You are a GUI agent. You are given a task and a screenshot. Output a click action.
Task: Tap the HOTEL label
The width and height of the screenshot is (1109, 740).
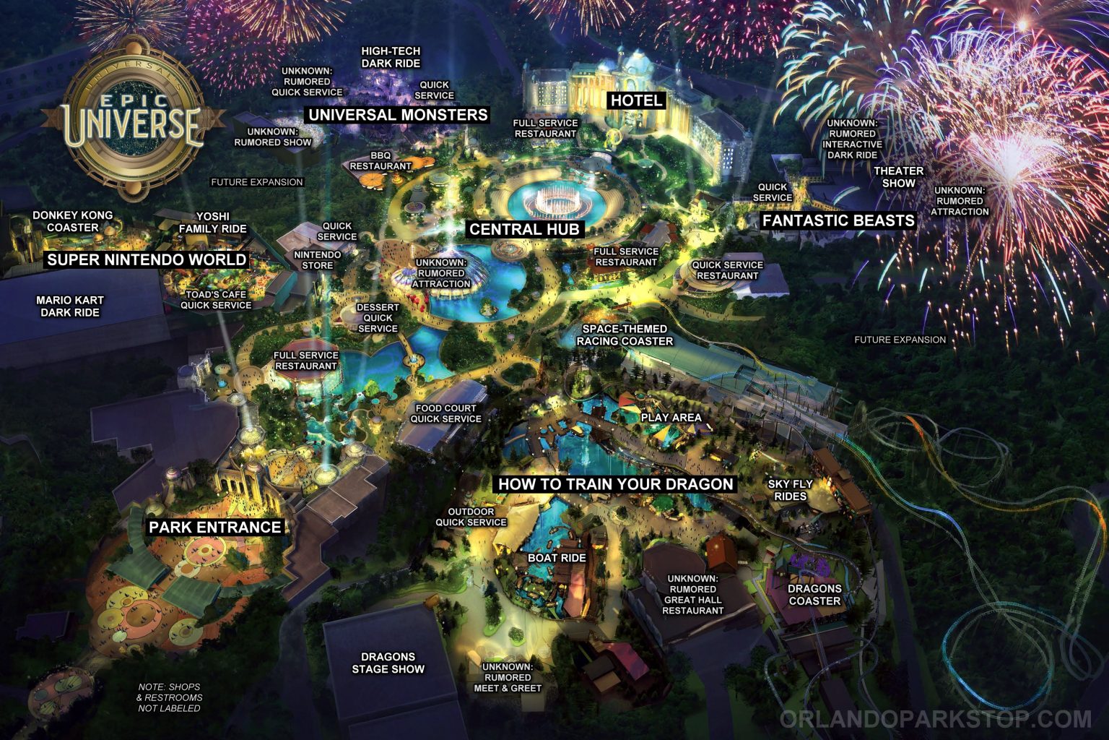pos(635,100)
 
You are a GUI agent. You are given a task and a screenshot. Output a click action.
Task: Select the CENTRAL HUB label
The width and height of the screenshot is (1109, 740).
pos(524,230)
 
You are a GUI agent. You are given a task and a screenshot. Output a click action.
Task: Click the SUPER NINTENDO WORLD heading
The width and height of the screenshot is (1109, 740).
pos(147,259)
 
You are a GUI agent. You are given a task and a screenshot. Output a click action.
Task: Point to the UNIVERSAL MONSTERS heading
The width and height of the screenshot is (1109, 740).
pos(398,115)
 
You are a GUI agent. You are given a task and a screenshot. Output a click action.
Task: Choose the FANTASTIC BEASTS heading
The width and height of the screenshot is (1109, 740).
pos(838,220)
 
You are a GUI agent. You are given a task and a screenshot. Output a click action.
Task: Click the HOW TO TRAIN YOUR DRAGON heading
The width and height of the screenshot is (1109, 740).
pos(616,484)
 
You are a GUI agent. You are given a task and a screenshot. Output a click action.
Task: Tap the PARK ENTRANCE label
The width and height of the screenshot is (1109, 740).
pos(214,528)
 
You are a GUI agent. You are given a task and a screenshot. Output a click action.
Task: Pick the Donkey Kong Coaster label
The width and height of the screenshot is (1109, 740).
pos(72,221)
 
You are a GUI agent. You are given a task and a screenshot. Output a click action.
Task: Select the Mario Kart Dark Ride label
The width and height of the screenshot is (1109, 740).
pos(70,306)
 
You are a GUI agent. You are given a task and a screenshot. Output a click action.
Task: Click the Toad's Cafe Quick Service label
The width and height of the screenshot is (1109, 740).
pos(216,300)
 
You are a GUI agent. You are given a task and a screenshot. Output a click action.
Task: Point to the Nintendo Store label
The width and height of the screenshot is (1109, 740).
pos(317,260)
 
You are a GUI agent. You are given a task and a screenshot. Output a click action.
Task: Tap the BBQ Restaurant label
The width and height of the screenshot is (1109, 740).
pos(380,160)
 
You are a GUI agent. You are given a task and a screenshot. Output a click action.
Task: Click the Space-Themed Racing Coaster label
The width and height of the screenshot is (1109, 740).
pos(625,335)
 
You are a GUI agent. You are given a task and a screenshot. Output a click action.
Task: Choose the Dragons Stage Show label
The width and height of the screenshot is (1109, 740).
pos(388,663)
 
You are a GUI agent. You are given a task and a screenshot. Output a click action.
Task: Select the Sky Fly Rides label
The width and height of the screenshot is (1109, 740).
pos(790,490)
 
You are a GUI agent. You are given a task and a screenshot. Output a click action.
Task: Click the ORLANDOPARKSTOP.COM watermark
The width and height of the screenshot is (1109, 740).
pos(935,719)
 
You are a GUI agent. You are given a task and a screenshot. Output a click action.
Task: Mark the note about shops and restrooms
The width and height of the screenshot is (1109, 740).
pos(170,697)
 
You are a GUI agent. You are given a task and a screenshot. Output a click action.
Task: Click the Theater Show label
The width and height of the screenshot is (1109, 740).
pos(899,177)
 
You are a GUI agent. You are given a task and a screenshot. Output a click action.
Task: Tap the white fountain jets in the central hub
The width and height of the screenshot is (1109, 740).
pos(554,198)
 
